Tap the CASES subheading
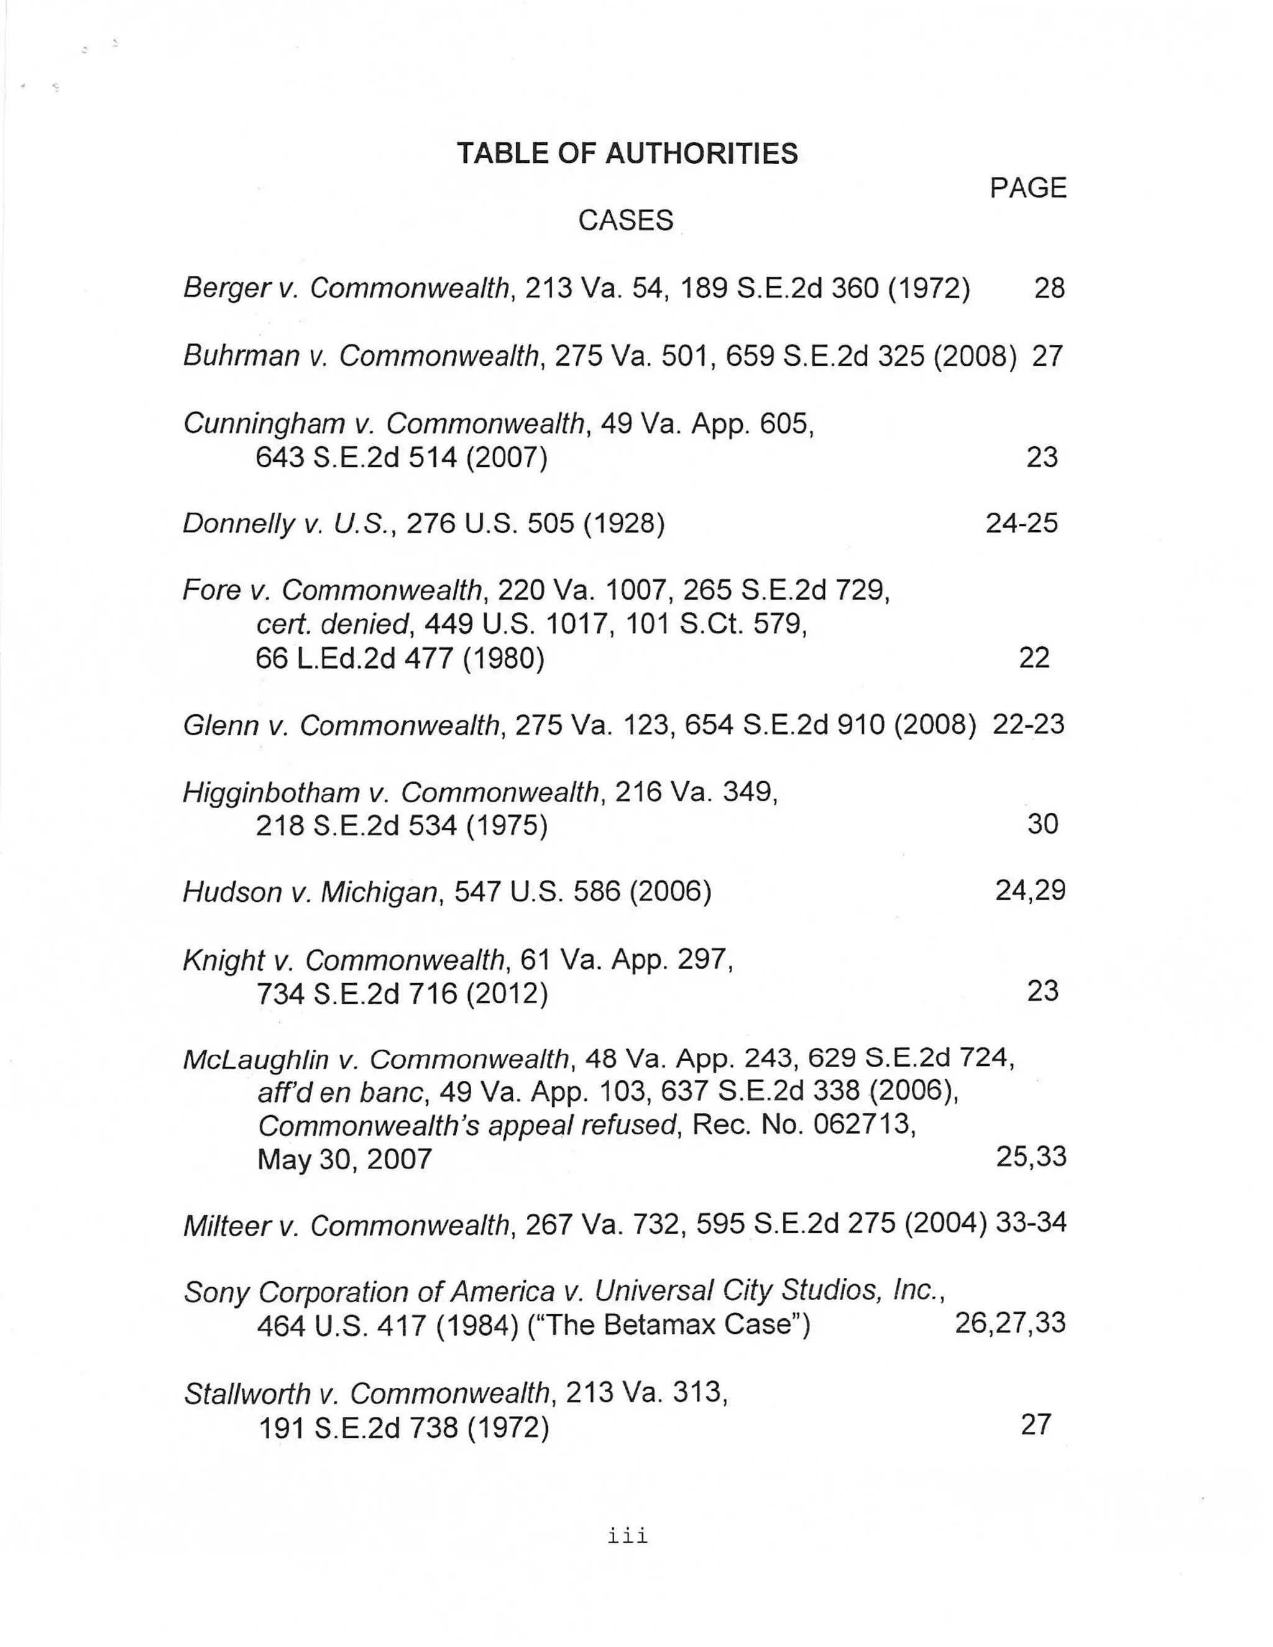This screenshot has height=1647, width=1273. click(x=625, y=220)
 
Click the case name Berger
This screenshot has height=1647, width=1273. click(x=226, y=288)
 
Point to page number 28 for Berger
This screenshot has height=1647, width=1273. click(x=1049, y=288)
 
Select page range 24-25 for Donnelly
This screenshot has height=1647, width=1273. click(x=1021, y=523)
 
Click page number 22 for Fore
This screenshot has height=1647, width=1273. click(x=1034, y=658)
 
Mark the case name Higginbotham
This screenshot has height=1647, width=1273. click(x=272, y=792)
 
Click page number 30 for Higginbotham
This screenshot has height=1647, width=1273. click(x=1042, y=823)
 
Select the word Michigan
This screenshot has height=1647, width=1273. click(x=379, y=892)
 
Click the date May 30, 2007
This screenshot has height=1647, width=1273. click(x=344, y=1159)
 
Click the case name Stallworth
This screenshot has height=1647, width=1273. click(x=246, y=1393)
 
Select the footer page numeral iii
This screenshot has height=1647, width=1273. click(x=627, y=1537)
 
